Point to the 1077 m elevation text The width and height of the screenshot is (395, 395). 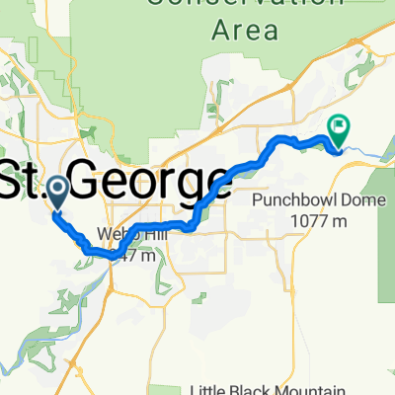pyautogui.click(x=318, y=221)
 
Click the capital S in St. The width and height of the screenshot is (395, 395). pyautogui.click(x=14, y=181)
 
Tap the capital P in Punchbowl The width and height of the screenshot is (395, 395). pyautogui.click(x=256, y=199)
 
